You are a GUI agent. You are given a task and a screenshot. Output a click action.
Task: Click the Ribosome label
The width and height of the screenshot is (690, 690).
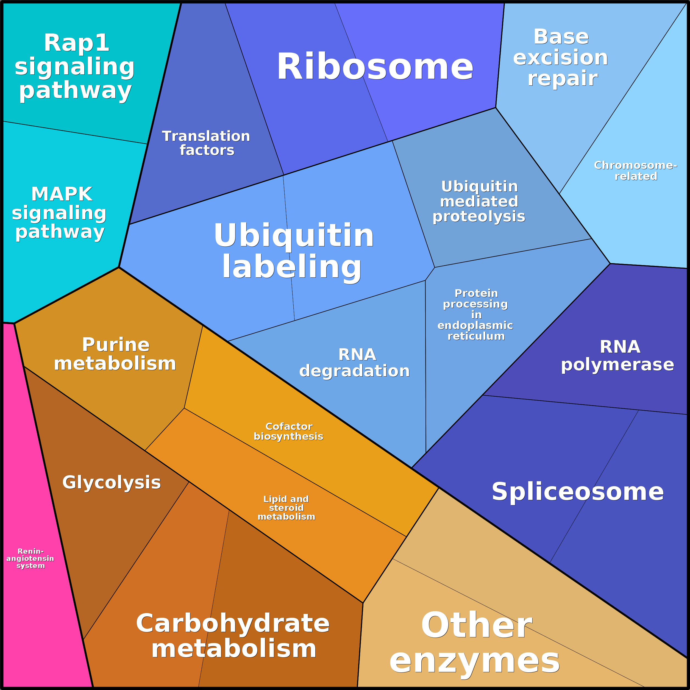(x=375, y=67)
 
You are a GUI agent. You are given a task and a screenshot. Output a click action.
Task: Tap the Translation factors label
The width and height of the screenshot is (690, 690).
(x=207, y=143)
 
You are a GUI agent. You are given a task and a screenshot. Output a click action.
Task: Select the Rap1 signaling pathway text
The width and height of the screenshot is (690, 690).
(x=75, y=67)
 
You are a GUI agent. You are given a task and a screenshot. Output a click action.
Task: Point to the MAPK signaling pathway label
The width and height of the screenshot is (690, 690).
(x=59, y=213)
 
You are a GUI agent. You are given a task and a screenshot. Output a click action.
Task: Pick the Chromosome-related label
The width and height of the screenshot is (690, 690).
(x=635, y=171)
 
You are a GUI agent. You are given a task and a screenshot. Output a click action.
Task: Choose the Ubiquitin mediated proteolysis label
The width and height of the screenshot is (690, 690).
(x=479, y=201)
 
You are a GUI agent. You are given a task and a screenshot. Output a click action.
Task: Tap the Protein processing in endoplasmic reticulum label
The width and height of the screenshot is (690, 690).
(x=476, y=315)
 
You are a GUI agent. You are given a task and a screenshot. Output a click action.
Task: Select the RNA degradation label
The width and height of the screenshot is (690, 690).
(x=355, y=363)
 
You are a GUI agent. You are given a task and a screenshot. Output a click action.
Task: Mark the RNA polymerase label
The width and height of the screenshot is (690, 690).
(x=618, y=356)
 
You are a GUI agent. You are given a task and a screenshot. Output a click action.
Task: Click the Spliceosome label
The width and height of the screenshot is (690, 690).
(x=577, y=492)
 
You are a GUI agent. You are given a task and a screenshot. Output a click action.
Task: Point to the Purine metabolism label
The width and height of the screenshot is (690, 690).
(x=115, y=354)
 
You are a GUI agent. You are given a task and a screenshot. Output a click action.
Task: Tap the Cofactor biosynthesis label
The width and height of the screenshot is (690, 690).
(x=289, y=432)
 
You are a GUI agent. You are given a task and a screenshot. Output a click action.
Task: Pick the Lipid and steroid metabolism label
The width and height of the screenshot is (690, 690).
(x=286, y=508)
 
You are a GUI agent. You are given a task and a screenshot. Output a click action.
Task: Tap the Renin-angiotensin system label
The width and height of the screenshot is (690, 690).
(x=30, y=559)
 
